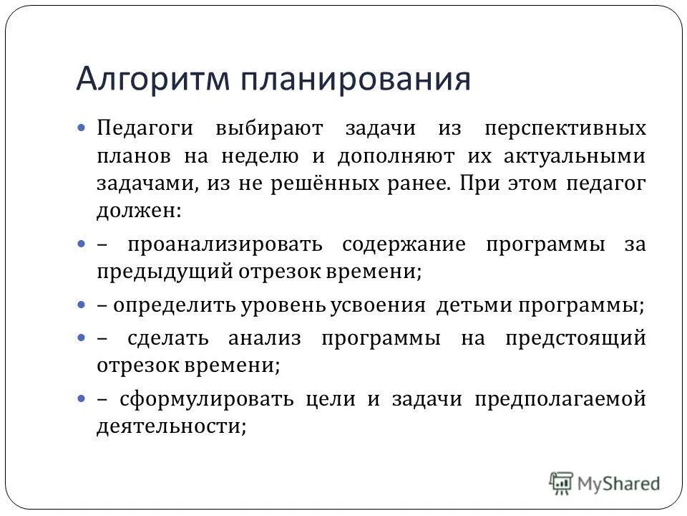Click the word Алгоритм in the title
152,79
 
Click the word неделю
268,156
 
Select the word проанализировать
225,245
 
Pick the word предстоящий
574,338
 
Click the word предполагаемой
560,398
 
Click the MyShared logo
604,483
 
